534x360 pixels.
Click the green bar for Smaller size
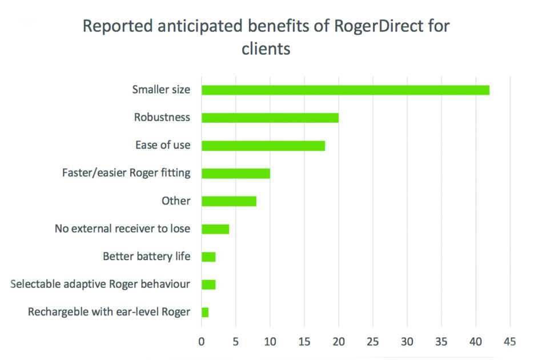tap(345, 90)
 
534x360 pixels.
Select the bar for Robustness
tap(270, 118)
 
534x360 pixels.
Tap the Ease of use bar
tap(263, 145)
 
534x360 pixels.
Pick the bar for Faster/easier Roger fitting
tap(235, 173)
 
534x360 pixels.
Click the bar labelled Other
tap(228, 201)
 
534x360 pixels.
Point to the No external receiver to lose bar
tap(215, 229)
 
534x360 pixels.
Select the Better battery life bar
tap(208, 257)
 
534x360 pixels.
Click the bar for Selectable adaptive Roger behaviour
tap(208, 284)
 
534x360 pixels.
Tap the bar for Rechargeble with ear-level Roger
tap(204, 312)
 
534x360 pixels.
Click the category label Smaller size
tap(161, 90)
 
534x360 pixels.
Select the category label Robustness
tap(162, 118)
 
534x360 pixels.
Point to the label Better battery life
tap(146, 257)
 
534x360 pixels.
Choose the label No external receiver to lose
tap(122, 229)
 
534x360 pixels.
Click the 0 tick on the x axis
tap(201, 342)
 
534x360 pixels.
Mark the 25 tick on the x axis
tap(372, 342)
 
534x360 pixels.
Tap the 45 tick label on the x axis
tap(509, 342)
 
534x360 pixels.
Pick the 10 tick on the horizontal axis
tap(270, 342)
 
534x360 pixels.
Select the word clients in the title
tap(266, 49)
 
